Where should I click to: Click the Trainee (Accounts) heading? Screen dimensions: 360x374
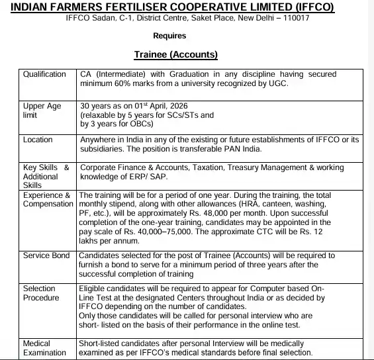pyautogui.click(x=176, y=54)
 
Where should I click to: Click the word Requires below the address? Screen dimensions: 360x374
pyautogui.click(x=169, y=36)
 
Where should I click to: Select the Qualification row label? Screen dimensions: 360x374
pyautogui.click(x=44, y=74)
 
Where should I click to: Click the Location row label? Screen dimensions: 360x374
pyautogui.click(x=38, y=140)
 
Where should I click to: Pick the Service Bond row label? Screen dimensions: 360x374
pyautogui.click(x=46, y=255)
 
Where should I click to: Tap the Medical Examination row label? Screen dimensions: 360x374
pyautogui.click(x=44, y=349)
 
